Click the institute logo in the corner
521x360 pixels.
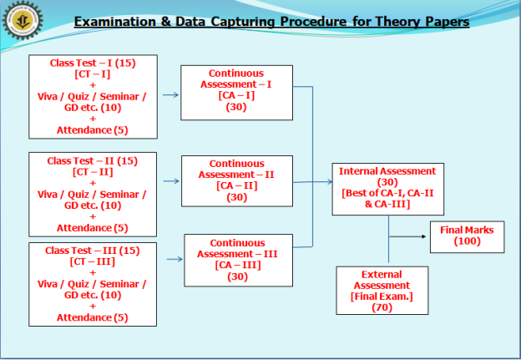pos(23,20)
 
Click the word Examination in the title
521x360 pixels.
pos(115,22)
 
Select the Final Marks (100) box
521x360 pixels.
pos(468,237)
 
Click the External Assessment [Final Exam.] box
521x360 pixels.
pos(382,291)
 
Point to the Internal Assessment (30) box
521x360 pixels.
pos(387,189)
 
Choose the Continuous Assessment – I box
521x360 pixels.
pos(236,93)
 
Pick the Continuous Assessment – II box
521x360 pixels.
pos(237,181)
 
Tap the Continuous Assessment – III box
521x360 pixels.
pos(238,261)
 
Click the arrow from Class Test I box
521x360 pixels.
pos(170,95)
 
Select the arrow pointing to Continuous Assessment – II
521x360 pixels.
pos(171,181)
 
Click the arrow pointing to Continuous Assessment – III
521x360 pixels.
pos(175,259)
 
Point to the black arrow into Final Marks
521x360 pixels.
pos(407,236)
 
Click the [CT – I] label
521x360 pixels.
pos(93,74)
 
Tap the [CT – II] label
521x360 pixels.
pos(93,172)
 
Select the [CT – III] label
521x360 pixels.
pos(93,261)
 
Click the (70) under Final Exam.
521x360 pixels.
pos(382,307)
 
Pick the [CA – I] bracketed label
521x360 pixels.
pos(236,95)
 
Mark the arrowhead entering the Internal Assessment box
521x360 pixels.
pos(330,182)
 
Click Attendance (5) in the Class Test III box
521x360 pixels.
pos(93,317)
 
